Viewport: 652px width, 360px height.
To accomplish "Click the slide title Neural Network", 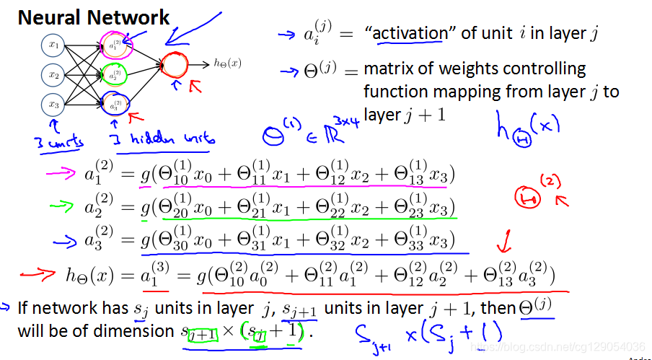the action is pyautogui.click(x=94, y=17).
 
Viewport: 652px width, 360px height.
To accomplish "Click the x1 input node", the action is pyautogui.click(x=53, y=46).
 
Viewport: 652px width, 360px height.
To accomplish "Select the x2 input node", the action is pyautogui.click(x=53, y=74).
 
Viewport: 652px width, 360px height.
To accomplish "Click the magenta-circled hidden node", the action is pyautogui.click(x=115, y=45).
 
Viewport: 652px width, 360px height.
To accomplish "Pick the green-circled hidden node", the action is pyautogui.click(x=115, y=74).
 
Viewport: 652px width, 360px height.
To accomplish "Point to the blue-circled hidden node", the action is pyautogui.click(x=115, y=102).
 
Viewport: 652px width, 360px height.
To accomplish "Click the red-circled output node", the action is pyautogui.click(x=174, y=64).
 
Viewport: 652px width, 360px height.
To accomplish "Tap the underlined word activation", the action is pyautogui.click(x=410, y=33).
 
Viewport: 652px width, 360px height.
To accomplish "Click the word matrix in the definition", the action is pyautogui.click(x=387, y=70).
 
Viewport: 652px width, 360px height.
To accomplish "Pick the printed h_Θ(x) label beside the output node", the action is pyautogui.click(x=227, y=64).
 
